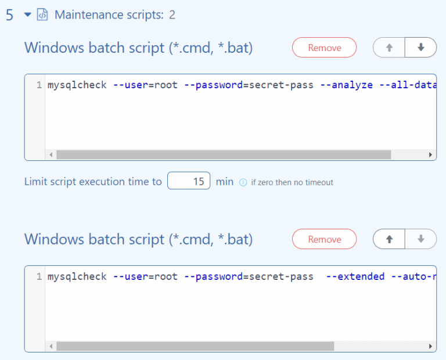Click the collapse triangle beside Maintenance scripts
[28, 14]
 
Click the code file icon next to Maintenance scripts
[42, 15]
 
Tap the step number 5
[10, 15]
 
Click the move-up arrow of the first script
[389, 48]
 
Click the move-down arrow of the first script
[421, 47]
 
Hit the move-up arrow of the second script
[389, 239]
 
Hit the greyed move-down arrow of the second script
[421, 239]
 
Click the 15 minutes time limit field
[189, 181]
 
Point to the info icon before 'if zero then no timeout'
[243, 182]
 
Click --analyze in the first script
[347, 85]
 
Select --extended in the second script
[355, 276]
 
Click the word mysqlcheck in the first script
[77, 85]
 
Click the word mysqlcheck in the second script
[77, 276]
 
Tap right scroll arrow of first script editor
[430, 154]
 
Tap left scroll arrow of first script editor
[51, 154]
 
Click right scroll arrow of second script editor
[430, 346]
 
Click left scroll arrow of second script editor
[51, 346]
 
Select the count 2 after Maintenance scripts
[172, 15]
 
